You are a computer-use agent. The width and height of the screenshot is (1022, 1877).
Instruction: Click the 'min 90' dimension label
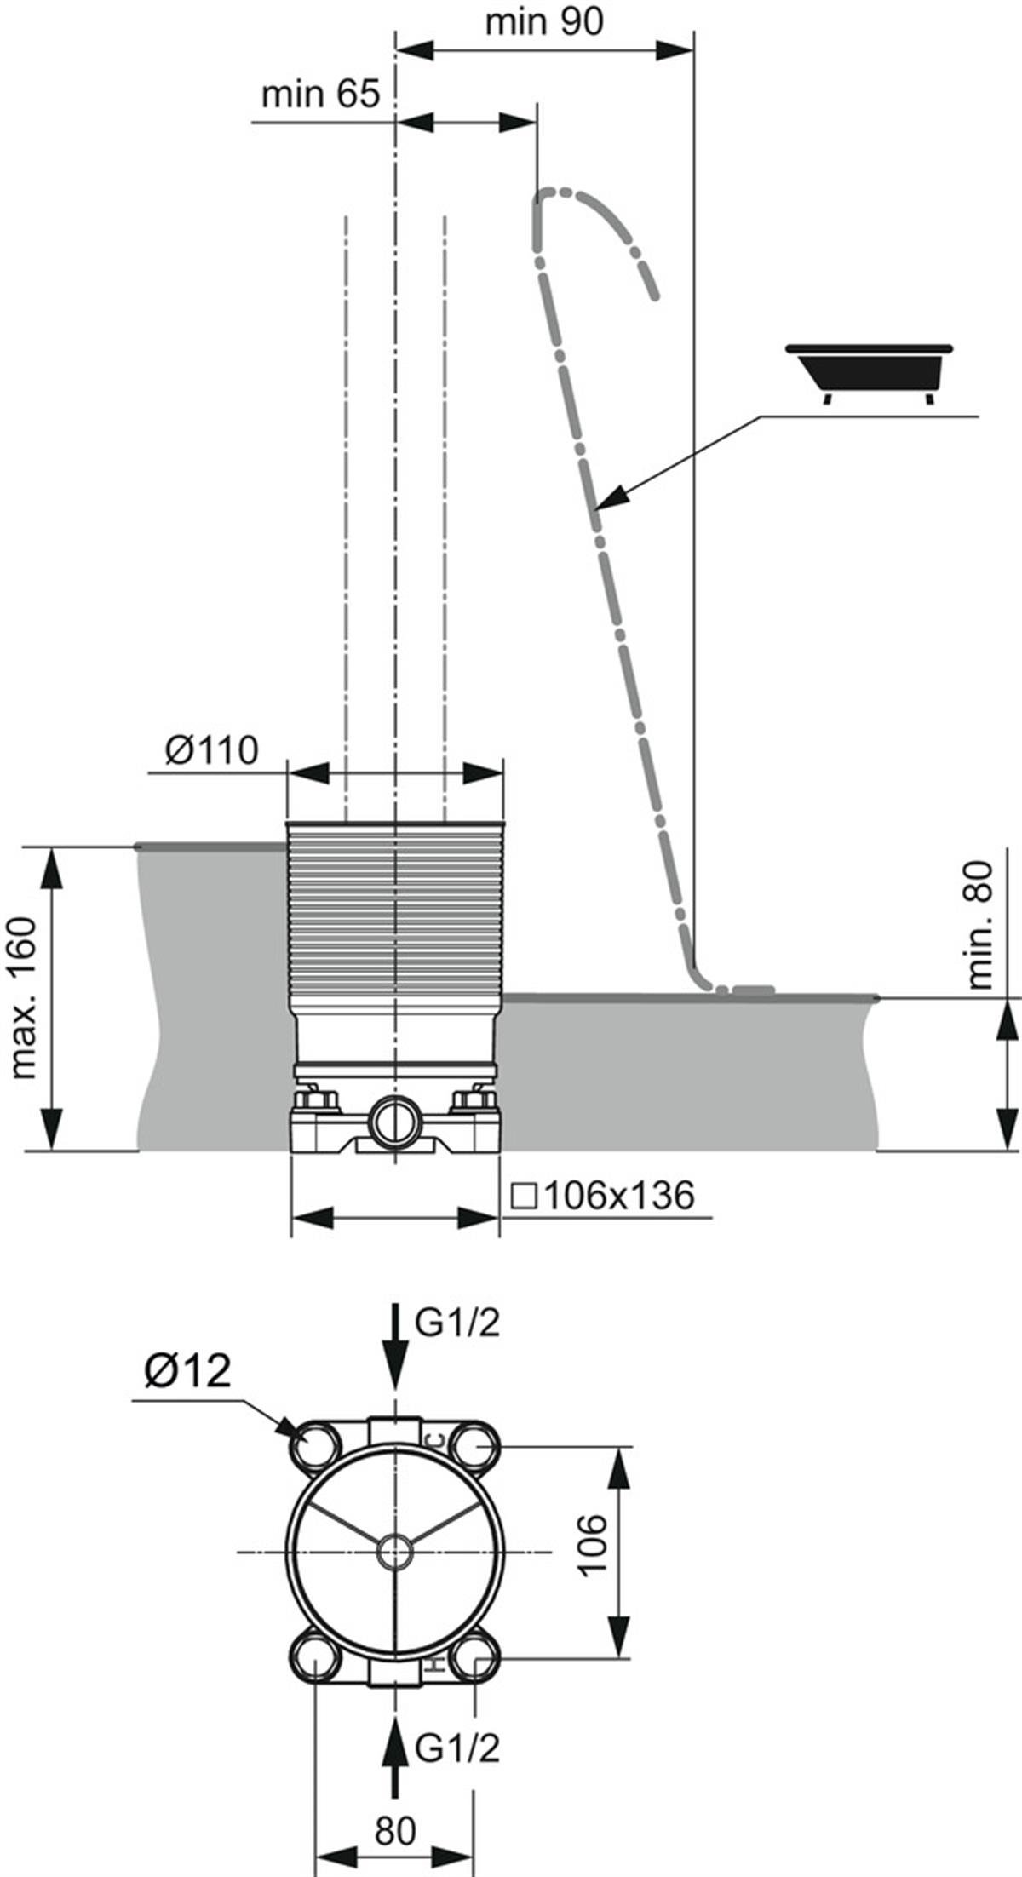pyautogui.click(x=543, y=22)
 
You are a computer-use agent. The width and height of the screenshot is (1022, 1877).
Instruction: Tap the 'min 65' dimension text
pyautogui.click(x=319, y=94)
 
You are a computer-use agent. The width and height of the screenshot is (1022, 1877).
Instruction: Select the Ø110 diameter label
pyautogui.click(x=211, y=751)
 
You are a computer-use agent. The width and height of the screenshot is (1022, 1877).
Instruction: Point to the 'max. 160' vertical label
pyautogui.click(x=24, y=997)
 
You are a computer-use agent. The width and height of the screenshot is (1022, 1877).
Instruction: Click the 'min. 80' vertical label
pyautogui.click(x=980, y=925)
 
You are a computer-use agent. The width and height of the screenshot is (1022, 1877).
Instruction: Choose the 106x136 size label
pyautogui.click(x=603, y=1196)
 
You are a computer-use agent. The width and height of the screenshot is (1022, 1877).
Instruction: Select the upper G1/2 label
pyautogui.click(x=456, y=1323)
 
